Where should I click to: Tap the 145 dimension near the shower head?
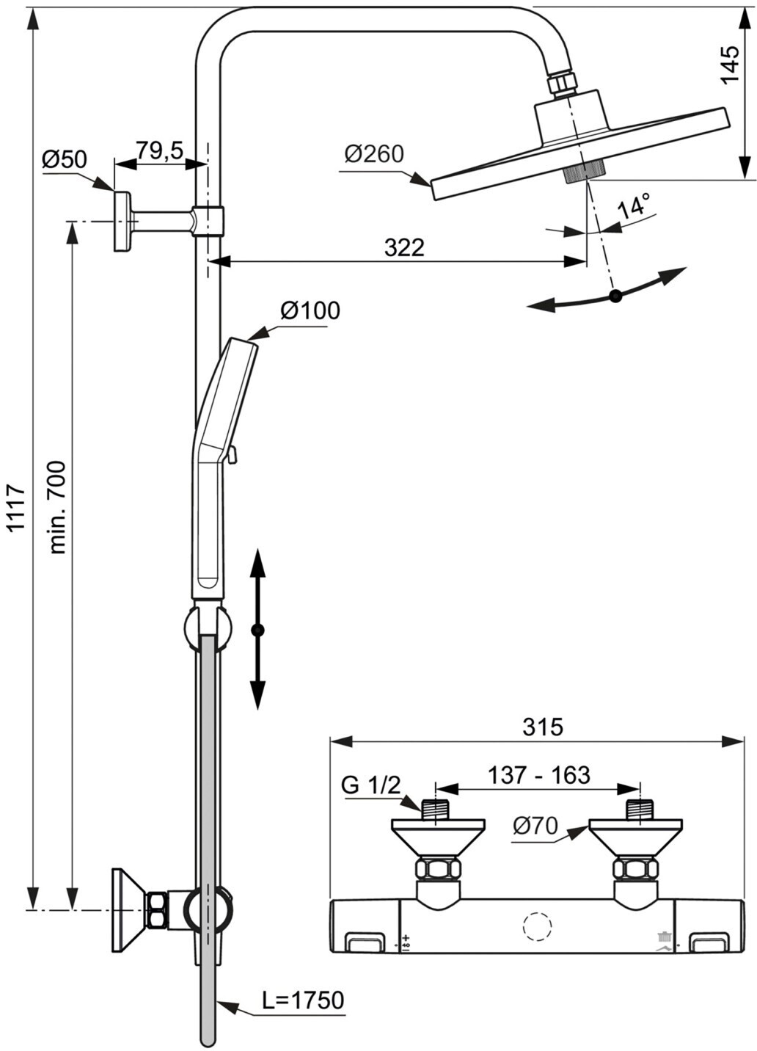(x=730, y=65)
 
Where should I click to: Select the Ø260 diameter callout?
(x=374, y=154)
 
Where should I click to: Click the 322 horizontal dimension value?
(x=404, y=247)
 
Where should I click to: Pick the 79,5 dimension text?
(x=160, y=150)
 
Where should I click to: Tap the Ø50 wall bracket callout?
(x=65, y=159)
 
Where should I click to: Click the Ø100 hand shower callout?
(x=310, y=310)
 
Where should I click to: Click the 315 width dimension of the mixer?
(x=543, y=727)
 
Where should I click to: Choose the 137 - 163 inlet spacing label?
(x=539, y=775)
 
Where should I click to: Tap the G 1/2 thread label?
(x=371, y=785)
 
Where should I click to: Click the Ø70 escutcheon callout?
(x=535, y=826)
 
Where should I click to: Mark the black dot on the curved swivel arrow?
(x=615, y=296)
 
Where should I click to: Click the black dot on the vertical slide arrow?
(x=257, y=630)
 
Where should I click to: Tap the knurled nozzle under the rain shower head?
(x=585, y=170)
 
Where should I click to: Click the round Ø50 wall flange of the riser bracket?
(x=122, y=221)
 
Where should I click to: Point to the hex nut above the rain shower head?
(x=563, y=83)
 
